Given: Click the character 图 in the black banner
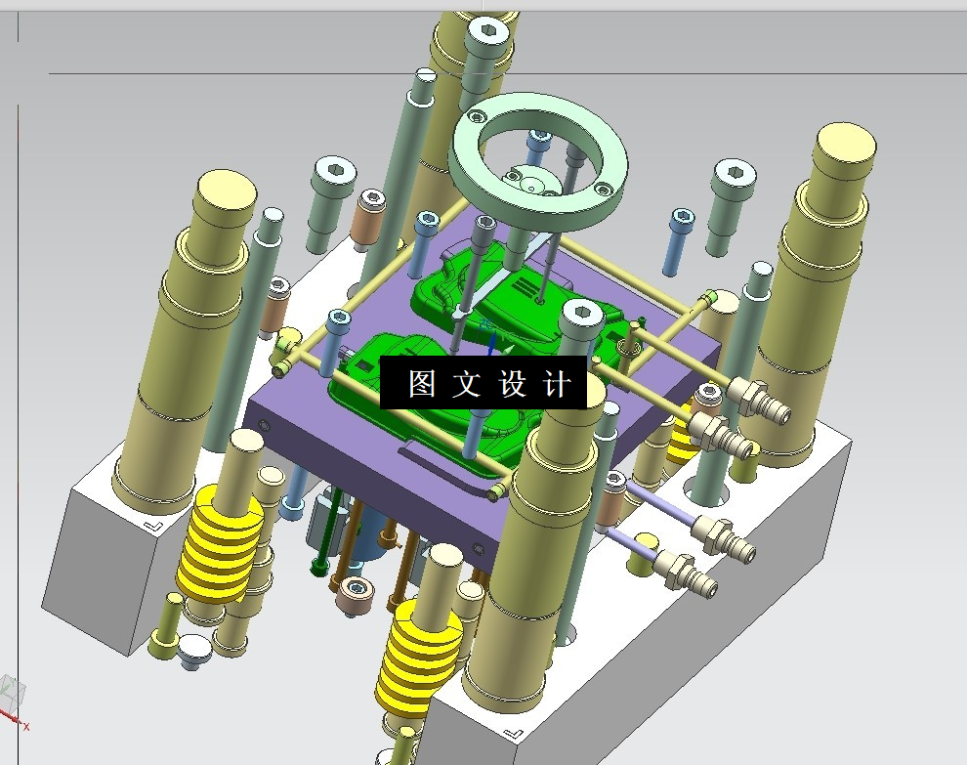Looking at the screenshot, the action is pos(422,383).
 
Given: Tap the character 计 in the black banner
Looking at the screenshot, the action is pos(557,383).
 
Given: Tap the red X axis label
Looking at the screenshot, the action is pos(26,727).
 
